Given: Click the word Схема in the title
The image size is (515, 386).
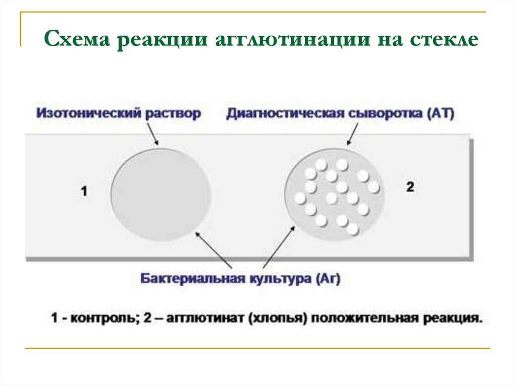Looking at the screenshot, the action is [76, 39].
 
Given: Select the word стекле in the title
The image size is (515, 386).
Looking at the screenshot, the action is [444, 39].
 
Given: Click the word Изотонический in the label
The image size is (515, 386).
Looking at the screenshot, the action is [89, 113].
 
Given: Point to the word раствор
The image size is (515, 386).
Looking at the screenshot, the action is [173, 114].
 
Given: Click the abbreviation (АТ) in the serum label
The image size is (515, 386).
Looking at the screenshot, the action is [441, 113].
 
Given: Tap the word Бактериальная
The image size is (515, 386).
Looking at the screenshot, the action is [193, 278].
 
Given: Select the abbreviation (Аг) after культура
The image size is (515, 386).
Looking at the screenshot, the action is [328, 278].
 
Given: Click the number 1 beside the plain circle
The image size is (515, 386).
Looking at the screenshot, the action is [84, 191].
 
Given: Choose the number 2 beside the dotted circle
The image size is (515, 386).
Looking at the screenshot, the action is [410, 187].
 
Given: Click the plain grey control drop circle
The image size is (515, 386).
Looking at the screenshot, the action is [160, 194].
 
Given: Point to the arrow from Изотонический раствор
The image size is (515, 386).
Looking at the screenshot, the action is [152, 134].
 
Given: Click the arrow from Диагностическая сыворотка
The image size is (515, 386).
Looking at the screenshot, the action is [353, 134].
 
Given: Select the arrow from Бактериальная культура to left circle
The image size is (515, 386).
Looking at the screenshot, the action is [213, 251].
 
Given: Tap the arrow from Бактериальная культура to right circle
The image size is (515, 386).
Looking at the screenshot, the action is [279, 247].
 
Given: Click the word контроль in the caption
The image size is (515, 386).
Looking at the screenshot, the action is [103, 318].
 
